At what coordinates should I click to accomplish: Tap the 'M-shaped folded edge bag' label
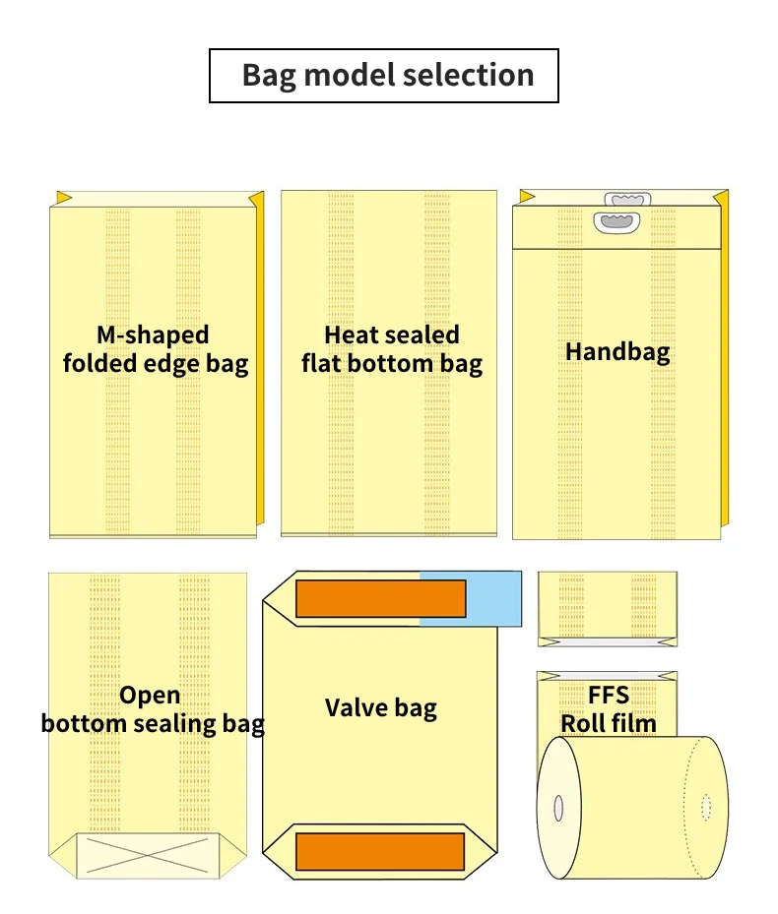point(155,349)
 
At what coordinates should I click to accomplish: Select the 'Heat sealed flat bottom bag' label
point(392,349)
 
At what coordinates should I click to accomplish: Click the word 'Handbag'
point(617,351)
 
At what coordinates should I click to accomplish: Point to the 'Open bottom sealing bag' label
point(153,709)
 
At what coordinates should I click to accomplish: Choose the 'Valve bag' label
point(380,706)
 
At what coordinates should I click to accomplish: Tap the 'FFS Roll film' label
point(609,709)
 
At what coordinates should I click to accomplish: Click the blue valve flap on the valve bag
point(471,597)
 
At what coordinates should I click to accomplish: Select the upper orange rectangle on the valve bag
point(380,598)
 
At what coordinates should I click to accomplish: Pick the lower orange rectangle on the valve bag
point(380,851)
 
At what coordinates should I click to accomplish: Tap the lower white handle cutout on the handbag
point(618,225)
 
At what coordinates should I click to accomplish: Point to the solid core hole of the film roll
point(558,809)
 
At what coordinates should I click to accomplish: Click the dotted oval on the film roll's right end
point(706,807)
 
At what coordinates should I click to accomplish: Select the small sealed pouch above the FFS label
point(608,608)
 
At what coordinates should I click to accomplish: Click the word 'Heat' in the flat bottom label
point(352,335)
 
